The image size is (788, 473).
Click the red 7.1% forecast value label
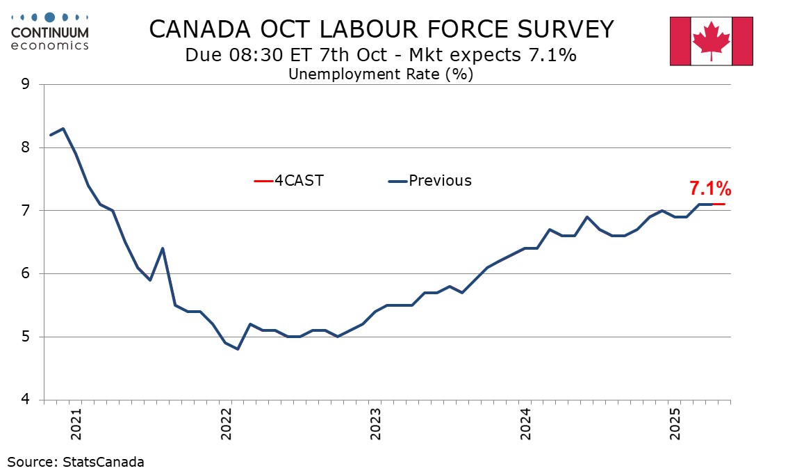point(709,189)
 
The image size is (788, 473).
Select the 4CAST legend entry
point(289,181)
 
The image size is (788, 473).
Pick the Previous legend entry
point(429,181)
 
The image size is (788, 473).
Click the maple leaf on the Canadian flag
point(711,40)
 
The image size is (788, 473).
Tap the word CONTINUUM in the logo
point(50,32)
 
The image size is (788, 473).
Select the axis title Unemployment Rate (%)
point(380,74)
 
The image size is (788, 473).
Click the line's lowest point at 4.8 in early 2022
point(238,349)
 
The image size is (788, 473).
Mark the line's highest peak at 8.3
point(63,129)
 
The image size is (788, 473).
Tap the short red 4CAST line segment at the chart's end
point(719,204)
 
